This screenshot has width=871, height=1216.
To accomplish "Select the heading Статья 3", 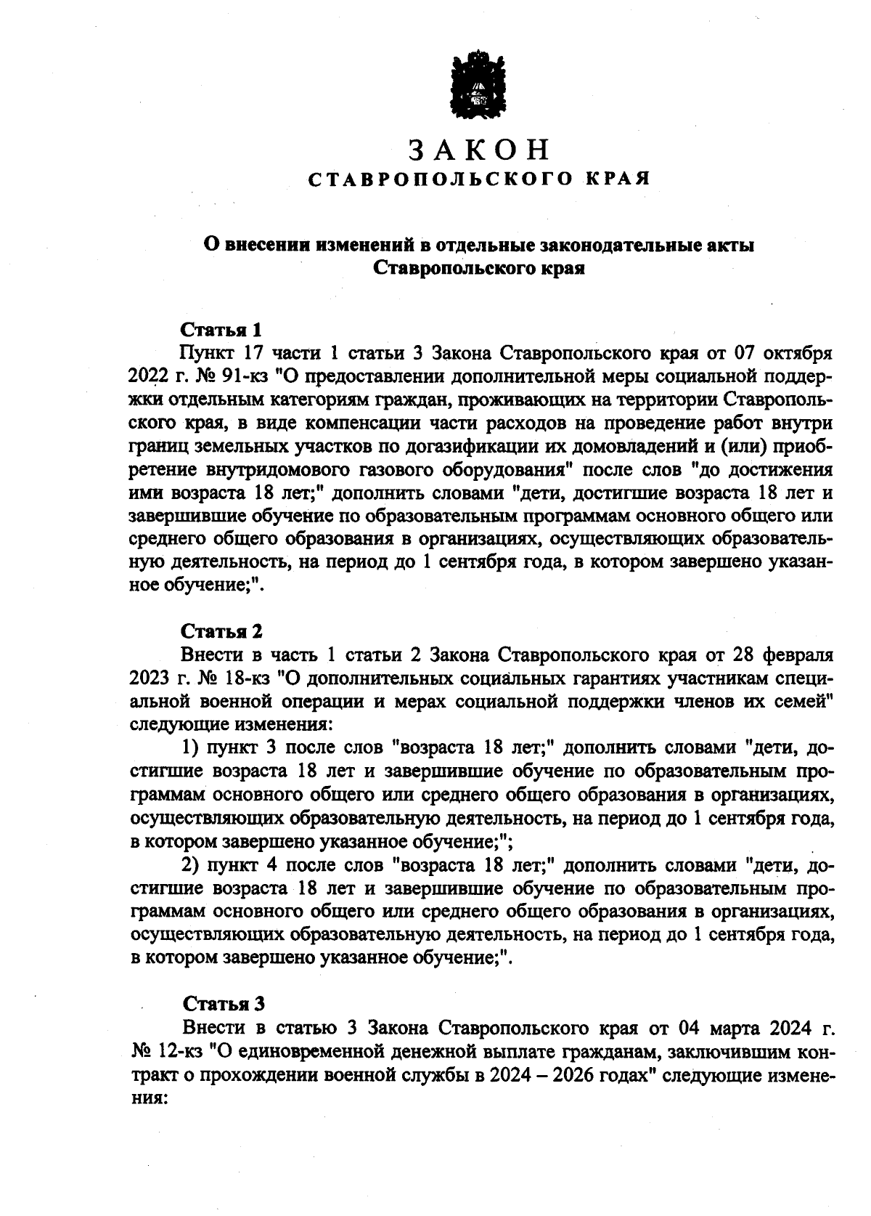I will pos(223,1004).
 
